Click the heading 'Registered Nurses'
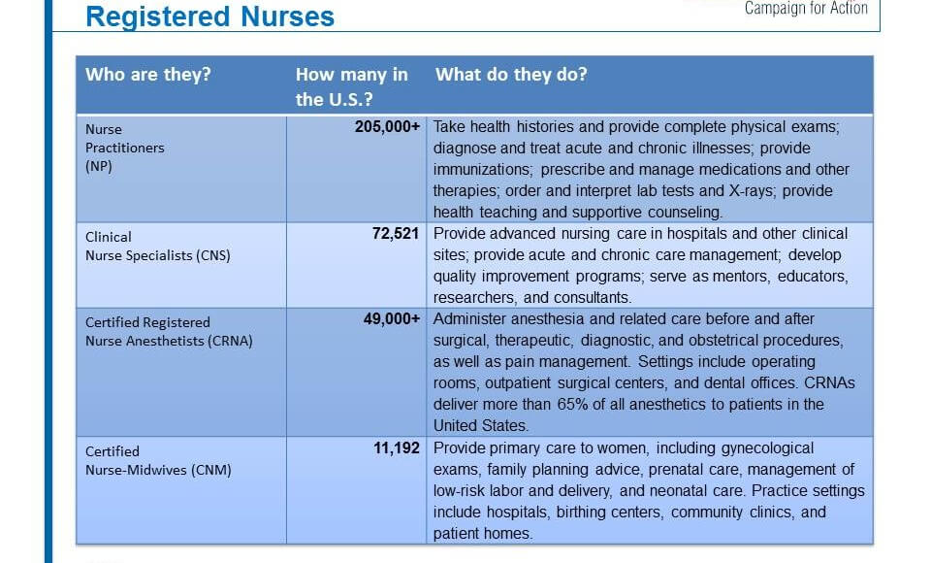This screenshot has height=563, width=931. click(209, 17)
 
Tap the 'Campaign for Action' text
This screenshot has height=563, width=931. click(805, 9)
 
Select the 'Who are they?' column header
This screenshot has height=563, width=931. click(147, 75)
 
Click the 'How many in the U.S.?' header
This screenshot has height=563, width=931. click(351, 86)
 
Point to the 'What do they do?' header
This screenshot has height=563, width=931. click(511, 75)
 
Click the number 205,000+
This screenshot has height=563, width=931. click(389, 127)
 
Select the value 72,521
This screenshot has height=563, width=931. click(398, 234)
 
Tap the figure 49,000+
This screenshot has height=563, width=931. click(393, 319)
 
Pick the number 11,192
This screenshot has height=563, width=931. click(398, 448)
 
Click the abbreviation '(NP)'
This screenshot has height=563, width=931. click(99, 166)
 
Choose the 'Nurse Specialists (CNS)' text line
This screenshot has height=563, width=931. click(157, 255)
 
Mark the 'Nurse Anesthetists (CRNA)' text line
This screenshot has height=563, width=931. click(169, 341)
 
